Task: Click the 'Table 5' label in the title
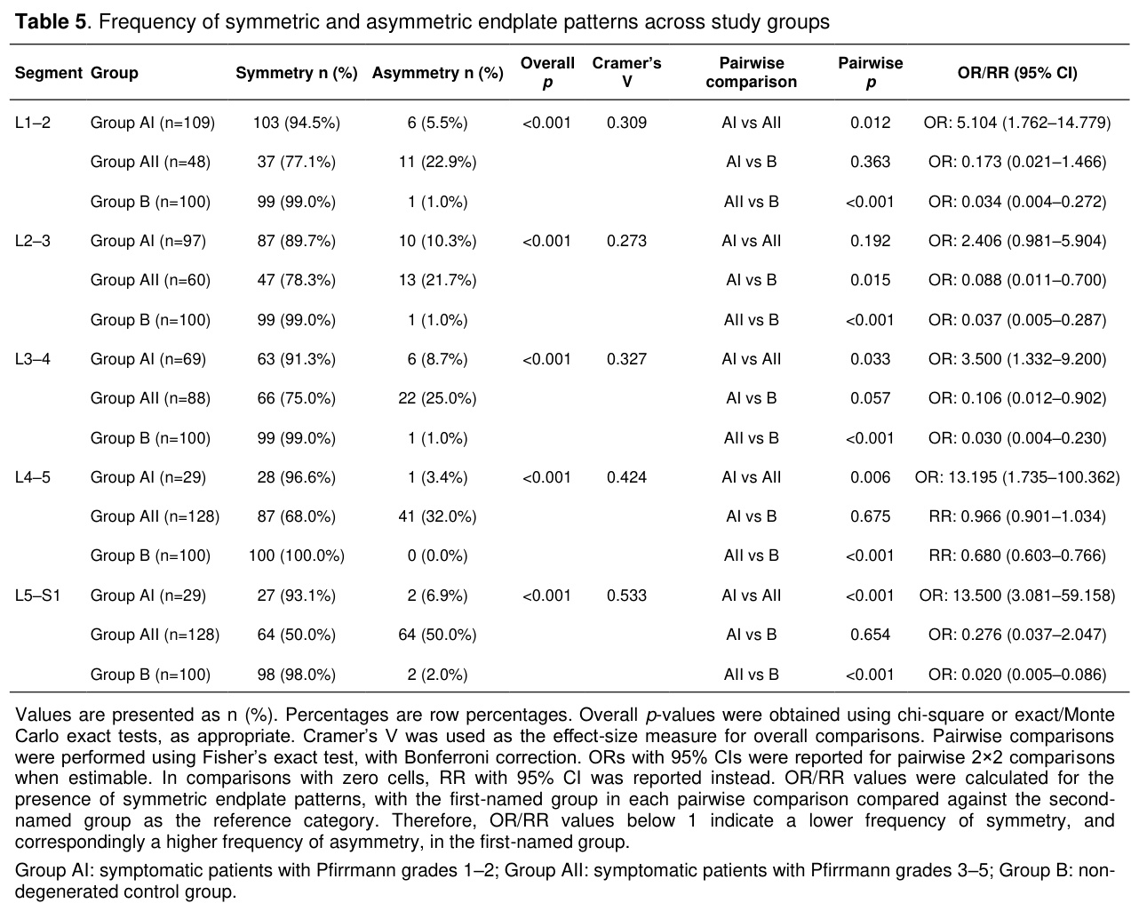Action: (x=50, y=21)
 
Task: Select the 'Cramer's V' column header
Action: (x=626, y=72)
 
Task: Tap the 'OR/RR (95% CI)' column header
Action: (x=1017, y=73)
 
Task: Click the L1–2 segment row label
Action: (x=33, y=123)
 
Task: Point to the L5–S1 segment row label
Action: (x=37, y=595)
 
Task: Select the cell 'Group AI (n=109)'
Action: (x=153, y=123)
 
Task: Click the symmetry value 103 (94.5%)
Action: (x=297, y=123)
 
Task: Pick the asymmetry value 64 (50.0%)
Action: (x=437, y=635)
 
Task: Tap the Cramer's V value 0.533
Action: (x=626, y=595)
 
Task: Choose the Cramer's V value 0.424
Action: (x=626, y=477)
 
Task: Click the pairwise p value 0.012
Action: (x=870, y=123)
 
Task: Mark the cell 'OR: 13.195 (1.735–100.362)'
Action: (x=1017, y=478)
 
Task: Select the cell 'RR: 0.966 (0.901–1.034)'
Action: (x=1017, y=516)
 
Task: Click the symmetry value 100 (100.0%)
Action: (x=297, y=555)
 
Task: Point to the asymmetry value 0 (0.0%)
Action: (x=437, y=555)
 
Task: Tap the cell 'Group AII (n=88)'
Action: (x=150, y=398)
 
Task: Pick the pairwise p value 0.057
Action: (x=870, y=398)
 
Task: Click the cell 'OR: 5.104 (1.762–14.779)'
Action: (x=1017, y=123)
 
